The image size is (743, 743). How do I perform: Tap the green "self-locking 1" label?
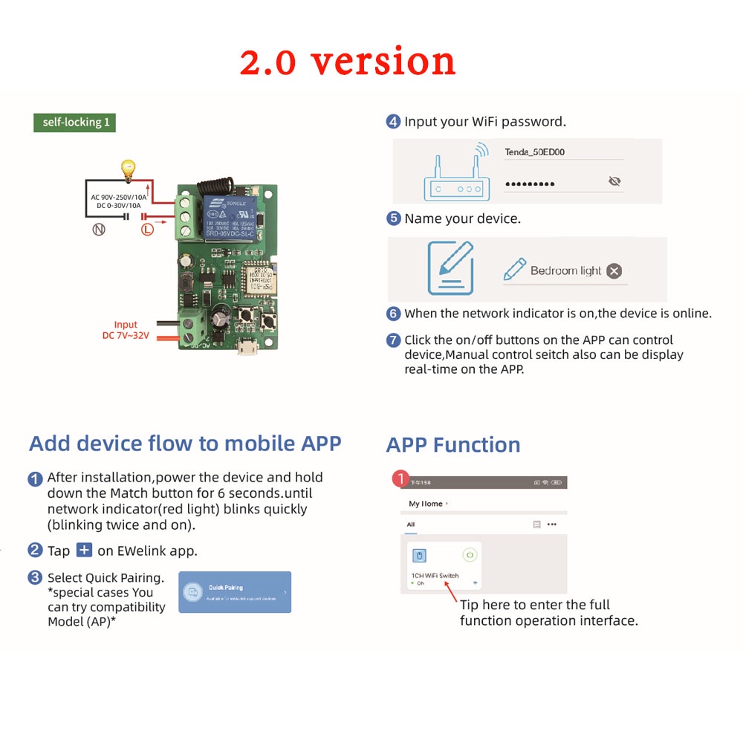coord(75,123)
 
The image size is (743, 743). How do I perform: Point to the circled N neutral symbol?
coord(98,230)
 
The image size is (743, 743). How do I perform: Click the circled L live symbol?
coord(147,230)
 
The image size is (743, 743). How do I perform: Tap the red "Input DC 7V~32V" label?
coord(126,330)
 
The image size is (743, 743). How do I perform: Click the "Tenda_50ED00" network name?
coord(535,152)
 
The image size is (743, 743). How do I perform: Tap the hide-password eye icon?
coord(614,181)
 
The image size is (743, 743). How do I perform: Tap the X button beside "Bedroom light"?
coord(614,271)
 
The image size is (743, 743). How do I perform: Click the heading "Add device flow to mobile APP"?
coord(185,444)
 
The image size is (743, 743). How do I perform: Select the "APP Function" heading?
coord(452,445)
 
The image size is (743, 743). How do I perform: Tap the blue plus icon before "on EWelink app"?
coord(85,550)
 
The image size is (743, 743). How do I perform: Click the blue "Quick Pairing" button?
coord(235,592)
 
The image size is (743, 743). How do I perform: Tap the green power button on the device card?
coord(469,554)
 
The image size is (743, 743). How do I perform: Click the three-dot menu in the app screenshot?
coord(551,525)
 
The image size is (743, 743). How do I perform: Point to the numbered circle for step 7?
coord(394,340)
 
